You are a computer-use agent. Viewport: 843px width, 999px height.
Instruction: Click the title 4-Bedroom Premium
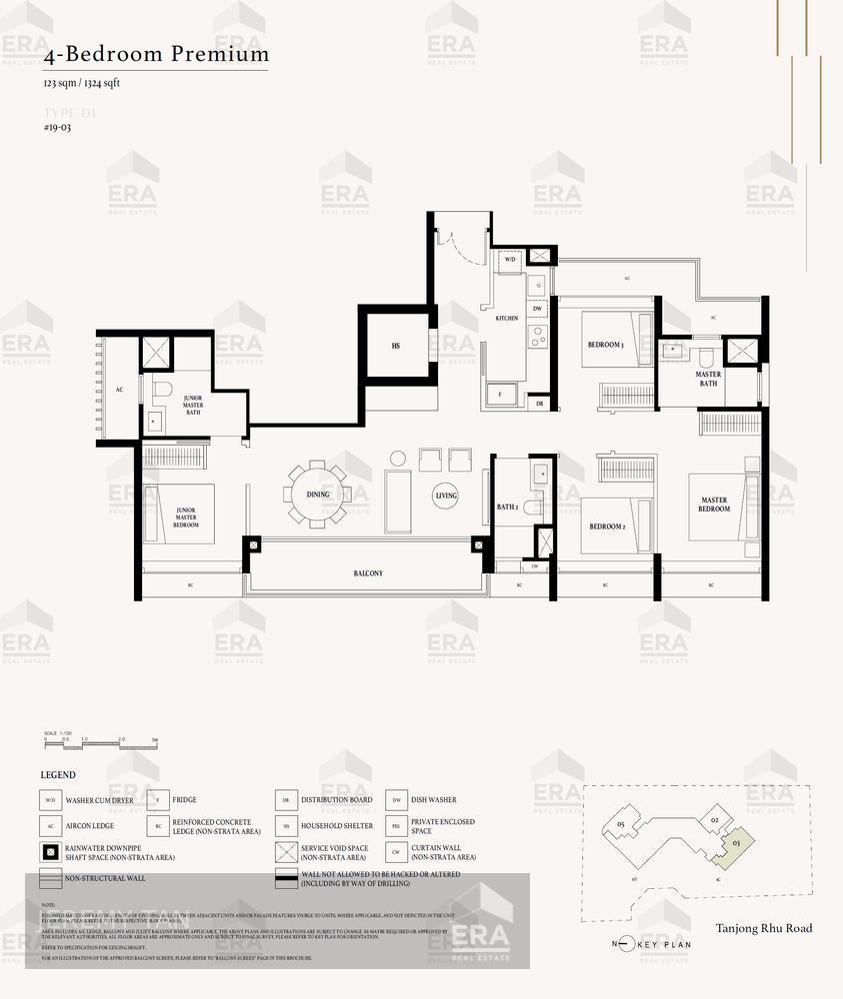tap(156, 54)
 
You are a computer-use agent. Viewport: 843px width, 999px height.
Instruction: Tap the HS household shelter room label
tap(396, 346)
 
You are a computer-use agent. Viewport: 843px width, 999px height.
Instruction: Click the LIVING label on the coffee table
tap(446, 496)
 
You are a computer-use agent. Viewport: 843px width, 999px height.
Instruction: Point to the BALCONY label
tap(368, 573)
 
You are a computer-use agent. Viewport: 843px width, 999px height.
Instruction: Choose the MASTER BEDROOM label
tap(714, 504)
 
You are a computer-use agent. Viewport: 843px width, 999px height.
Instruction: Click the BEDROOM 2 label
tap(606, 526)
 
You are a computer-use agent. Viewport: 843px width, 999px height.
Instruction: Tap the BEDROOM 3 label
tap(605, 345)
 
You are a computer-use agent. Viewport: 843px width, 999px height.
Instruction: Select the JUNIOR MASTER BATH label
tap(193, 405)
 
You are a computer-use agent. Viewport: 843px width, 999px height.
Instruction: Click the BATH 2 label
tap(507, 507)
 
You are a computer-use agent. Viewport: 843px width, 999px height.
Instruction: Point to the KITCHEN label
tap(507, 318)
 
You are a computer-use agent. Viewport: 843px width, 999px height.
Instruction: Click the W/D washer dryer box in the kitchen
tap(509, 260)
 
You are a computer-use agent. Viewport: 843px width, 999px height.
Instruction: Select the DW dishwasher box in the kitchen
tap(538, 309)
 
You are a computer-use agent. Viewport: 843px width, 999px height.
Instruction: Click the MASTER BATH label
tap(708, 379)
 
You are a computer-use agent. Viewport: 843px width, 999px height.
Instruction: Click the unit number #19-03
tap(58, 128)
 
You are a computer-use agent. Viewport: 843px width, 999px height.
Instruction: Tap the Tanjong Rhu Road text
tap(764, 928)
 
